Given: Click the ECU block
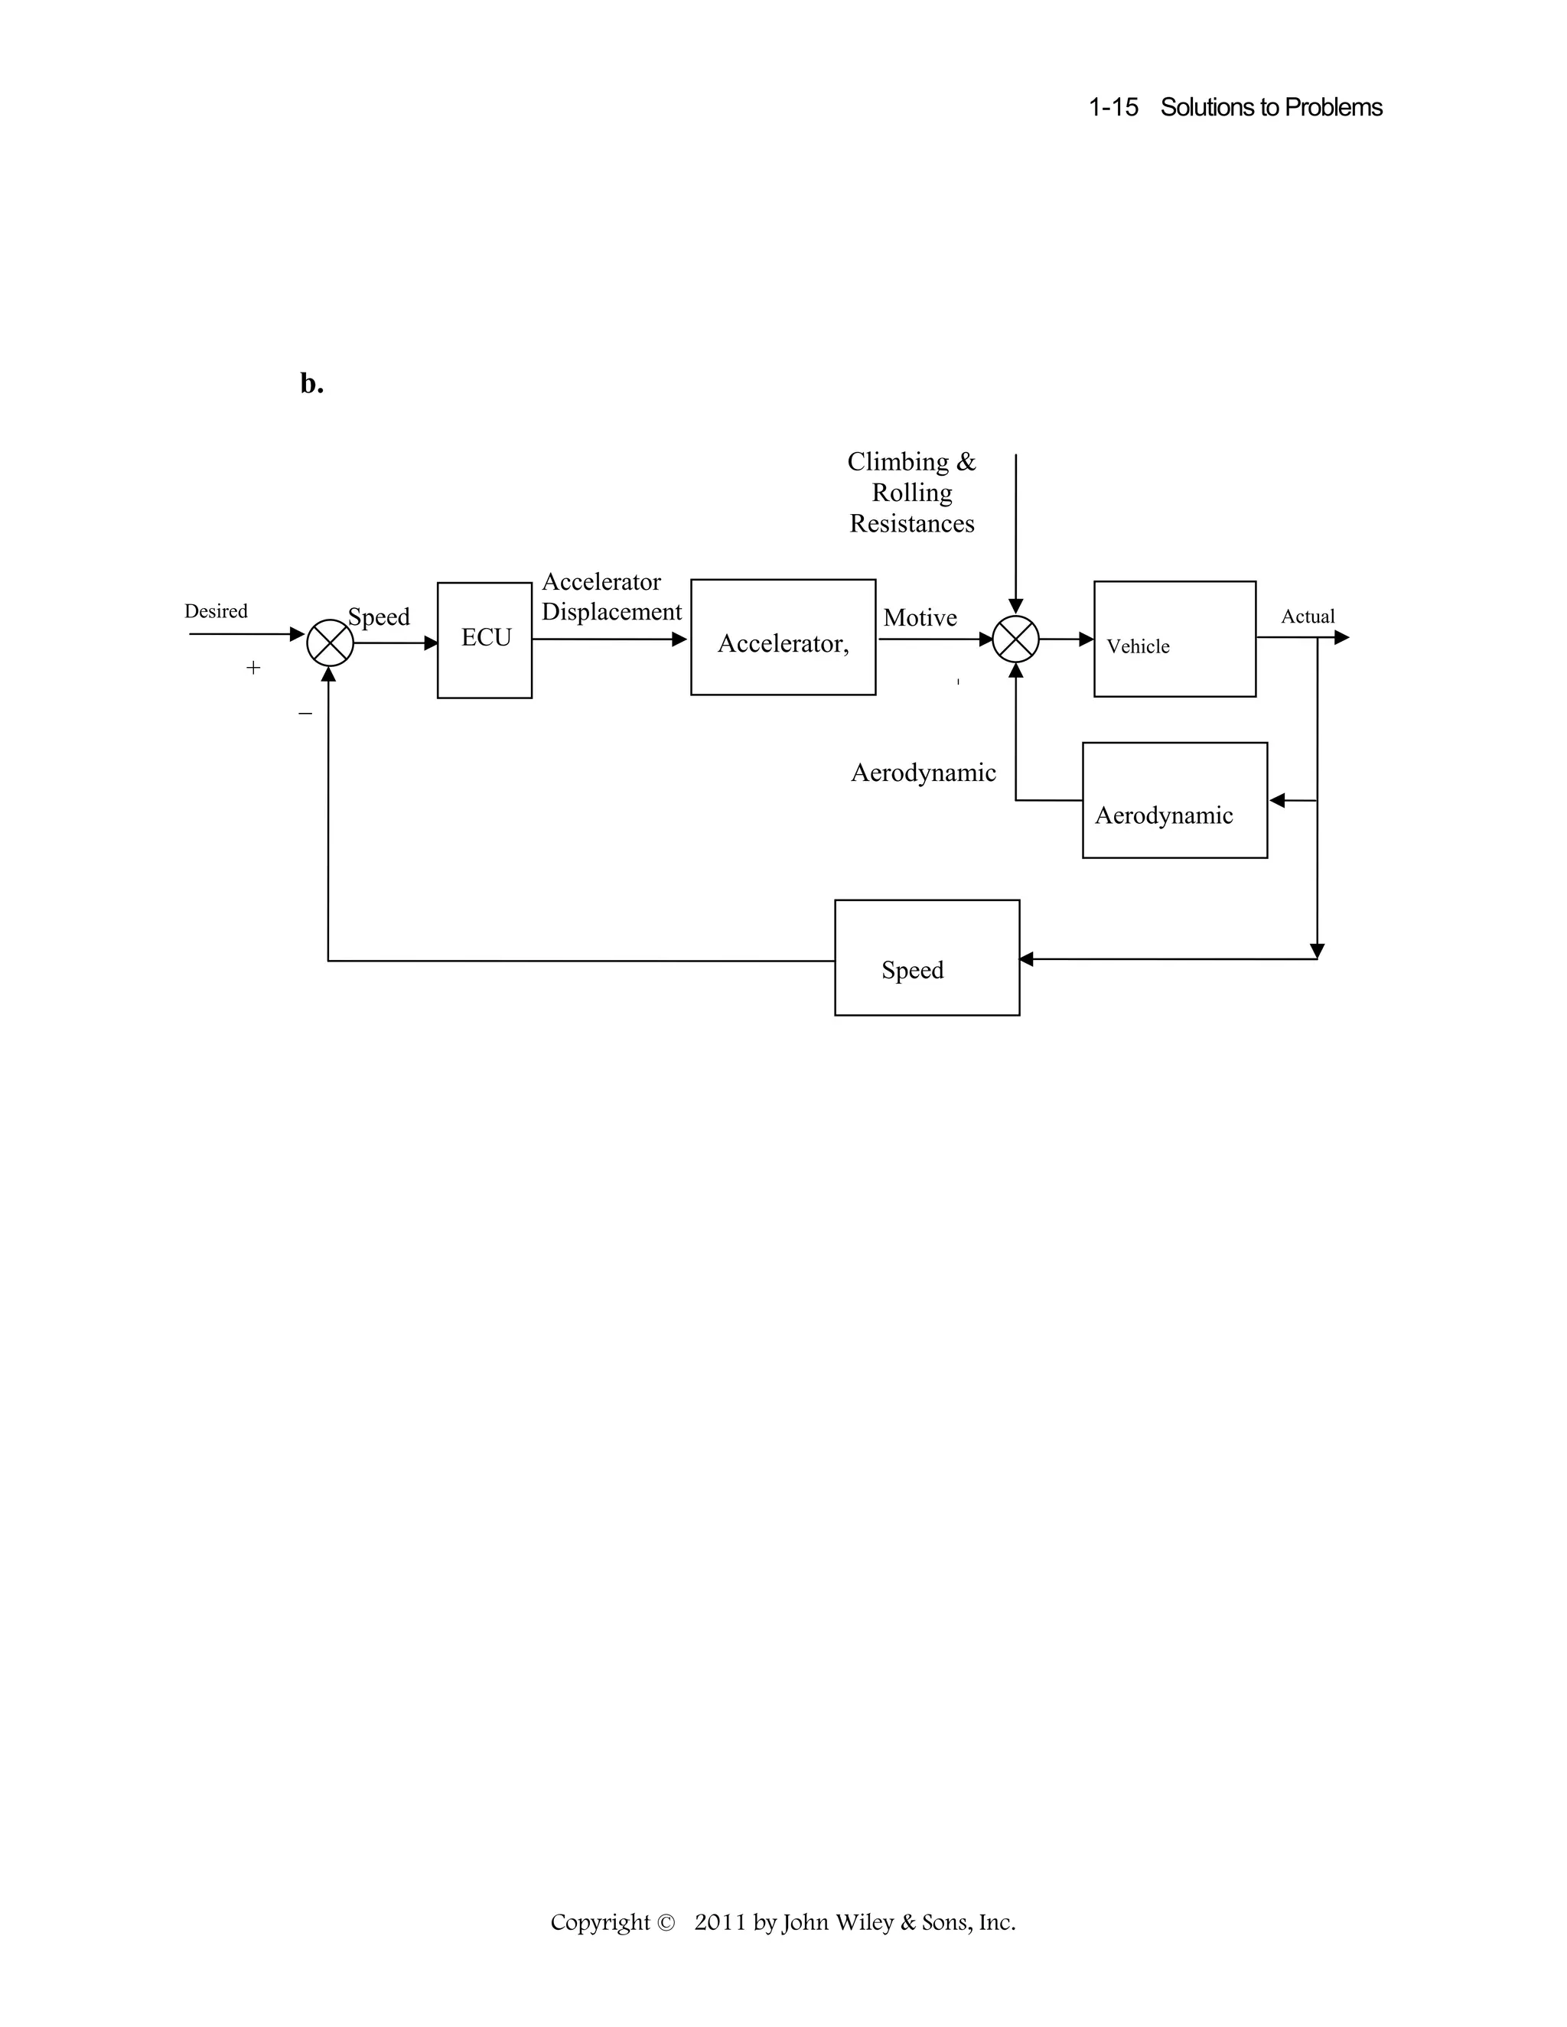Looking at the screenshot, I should [484, 639].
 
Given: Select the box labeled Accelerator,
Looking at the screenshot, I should [783, 638].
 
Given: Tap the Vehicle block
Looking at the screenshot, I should [1174, 639].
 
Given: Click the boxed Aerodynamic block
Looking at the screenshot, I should [1174, 800].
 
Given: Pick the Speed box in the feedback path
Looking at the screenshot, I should [927, 958].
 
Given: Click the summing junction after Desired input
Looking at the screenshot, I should [330, 643].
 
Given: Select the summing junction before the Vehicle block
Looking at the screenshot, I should [1015, 639].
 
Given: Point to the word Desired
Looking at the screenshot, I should [215, 610].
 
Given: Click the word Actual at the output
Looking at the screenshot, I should [1307, 617].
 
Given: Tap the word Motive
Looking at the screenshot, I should [919, 618].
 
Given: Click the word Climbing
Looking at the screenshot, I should [898, 462].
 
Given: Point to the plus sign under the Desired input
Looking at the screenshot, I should [253, 667].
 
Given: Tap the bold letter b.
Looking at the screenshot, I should [311, 383].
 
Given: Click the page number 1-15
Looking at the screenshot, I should [1113, 108].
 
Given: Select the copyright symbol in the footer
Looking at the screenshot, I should [665, 1922].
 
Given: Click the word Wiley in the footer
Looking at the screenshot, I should [868, 1922].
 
